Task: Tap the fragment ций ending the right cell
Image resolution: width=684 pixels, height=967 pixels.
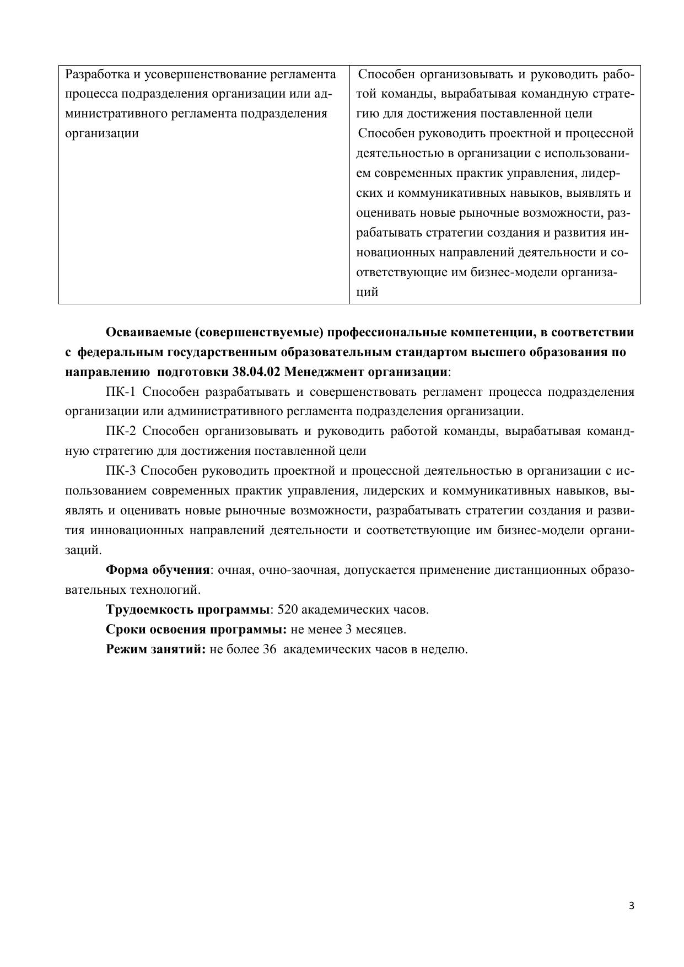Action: (367, 293)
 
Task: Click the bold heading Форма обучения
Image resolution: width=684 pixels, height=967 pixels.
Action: (158, 570)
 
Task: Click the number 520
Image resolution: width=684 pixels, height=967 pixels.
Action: (288, 610)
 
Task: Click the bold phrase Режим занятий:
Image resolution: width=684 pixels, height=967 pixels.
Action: (155, 649)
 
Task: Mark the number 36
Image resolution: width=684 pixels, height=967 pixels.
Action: (270, 649)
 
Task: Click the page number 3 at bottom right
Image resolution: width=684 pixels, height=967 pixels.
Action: (632, 906)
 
